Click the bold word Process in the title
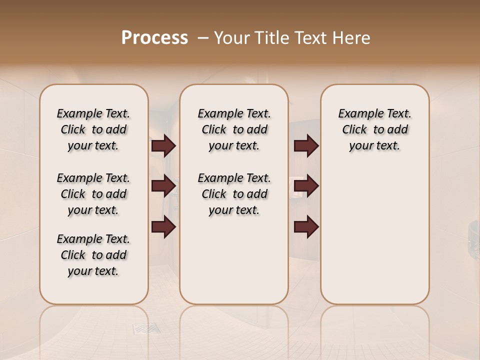(x=154, y=38)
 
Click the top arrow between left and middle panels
(x=163, y=145)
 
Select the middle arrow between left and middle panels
(x=163, y=186)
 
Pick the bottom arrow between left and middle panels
(x=163, y=226)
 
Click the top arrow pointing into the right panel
(x=306, y=145)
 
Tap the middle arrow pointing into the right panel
(x=306, y=186)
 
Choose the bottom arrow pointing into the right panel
(x=306, y=226)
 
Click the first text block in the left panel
(x=93, y=129)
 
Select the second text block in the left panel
(x=93, y=194)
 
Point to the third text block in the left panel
(x=93, y=255)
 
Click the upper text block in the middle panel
(x=234, y=129)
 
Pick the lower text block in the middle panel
(x=234, y=194)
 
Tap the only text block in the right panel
(x=374, y=129)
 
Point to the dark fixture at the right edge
(x=473, y=235)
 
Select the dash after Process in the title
(x=202, y=38)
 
